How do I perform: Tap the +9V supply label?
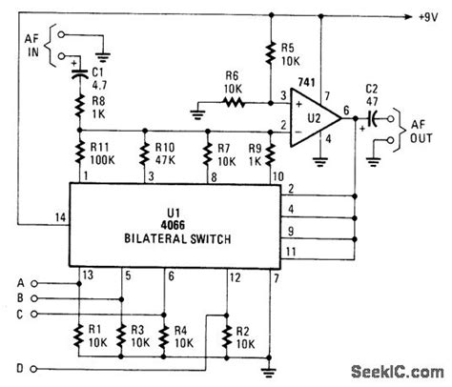428,17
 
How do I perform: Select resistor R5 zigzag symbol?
271,54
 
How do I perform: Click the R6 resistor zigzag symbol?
234,103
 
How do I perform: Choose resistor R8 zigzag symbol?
79,106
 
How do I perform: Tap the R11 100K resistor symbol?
79,153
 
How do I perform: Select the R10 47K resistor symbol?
144,153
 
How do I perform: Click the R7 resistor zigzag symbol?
207,154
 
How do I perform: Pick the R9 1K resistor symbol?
271,154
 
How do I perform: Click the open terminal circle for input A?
34,283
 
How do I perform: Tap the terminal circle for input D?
34,369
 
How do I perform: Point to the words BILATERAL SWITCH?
177,238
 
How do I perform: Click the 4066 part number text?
173,225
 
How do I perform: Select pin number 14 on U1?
60,217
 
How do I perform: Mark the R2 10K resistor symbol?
227,337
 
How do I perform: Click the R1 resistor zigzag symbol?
78,336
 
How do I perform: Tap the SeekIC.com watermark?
398,372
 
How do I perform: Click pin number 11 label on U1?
291,252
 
